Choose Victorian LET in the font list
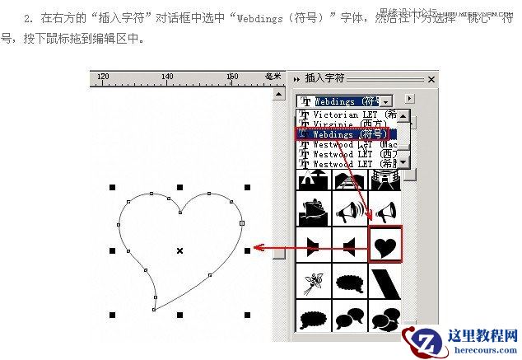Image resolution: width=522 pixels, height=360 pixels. [x=346, y=115]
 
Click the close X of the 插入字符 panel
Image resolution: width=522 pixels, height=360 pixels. [x=431, y=79]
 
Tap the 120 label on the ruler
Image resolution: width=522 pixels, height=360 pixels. [x=103, y=77]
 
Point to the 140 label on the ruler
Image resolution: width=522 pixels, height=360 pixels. [x=167, y=77]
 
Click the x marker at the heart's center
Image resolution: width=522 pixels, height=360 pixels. [x=179, y=250]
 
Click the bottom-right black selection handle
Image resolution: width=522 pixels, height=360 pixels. [x=247, y=316]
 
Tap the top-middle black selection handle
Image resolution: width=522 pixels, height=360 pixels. [x=179, y=188]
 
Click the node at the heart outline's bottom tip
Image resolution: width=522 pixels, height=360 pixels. [x=154, y=310]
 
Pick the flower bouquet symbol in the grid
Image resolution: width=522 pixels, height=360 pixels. [x=314, y=283]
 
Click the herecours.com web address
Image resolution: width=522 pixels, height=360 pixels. [x=482, y=351]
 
